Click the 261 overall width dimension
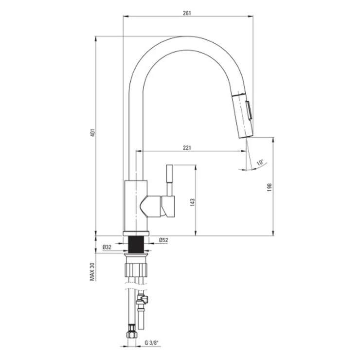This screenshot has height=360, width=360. pyautogui.click(x=187, y=13)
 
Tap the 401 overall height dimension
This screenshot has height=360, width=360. pyautogui.click(x=92, y=133)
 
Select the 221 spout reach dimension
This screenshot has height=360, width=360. pyautogui.click(x=187, y=147)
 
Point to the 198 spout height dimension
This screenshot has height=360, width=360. pyautogui.click(x=270, y=187)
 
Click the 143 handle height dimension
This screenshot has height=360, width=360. pyautogui.click(x=192, y=202)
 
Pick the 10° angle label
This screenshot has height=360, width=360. pyautogui.click(x=260, y=162)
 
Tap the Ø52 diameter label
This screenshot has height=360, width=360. pyautogui.click(x=163, y=240)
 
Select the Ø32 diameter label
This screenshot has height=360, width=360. pyautogui.click(x=107, y=247)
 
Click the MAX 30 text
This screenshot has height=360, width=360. pyautogui.click(x=92, y=272)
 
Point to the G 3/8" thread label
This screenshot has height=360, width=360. pyautogui.click(x=152, y=343)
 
